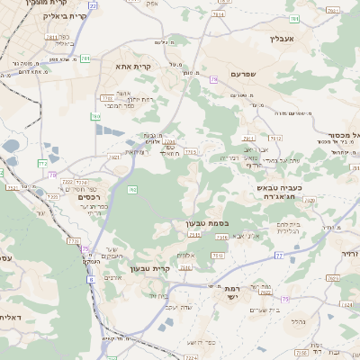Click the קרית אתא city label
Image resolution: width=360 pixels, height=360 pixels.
pyautogui.click(x=133, y=66)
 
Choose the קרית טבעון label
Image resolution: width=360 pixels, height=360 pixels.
pyautogui.click(x=150, y=267)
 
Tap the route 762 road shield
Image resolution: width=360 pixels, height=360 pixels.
pyautogui.click(x=132, y=189)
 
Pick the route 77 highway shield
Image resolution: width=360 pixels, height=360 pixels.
pyautogui.click(x=279, y=256)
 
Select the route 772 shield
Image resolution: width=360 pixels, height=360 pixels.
pyautogui.click(x=42, y=163)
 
